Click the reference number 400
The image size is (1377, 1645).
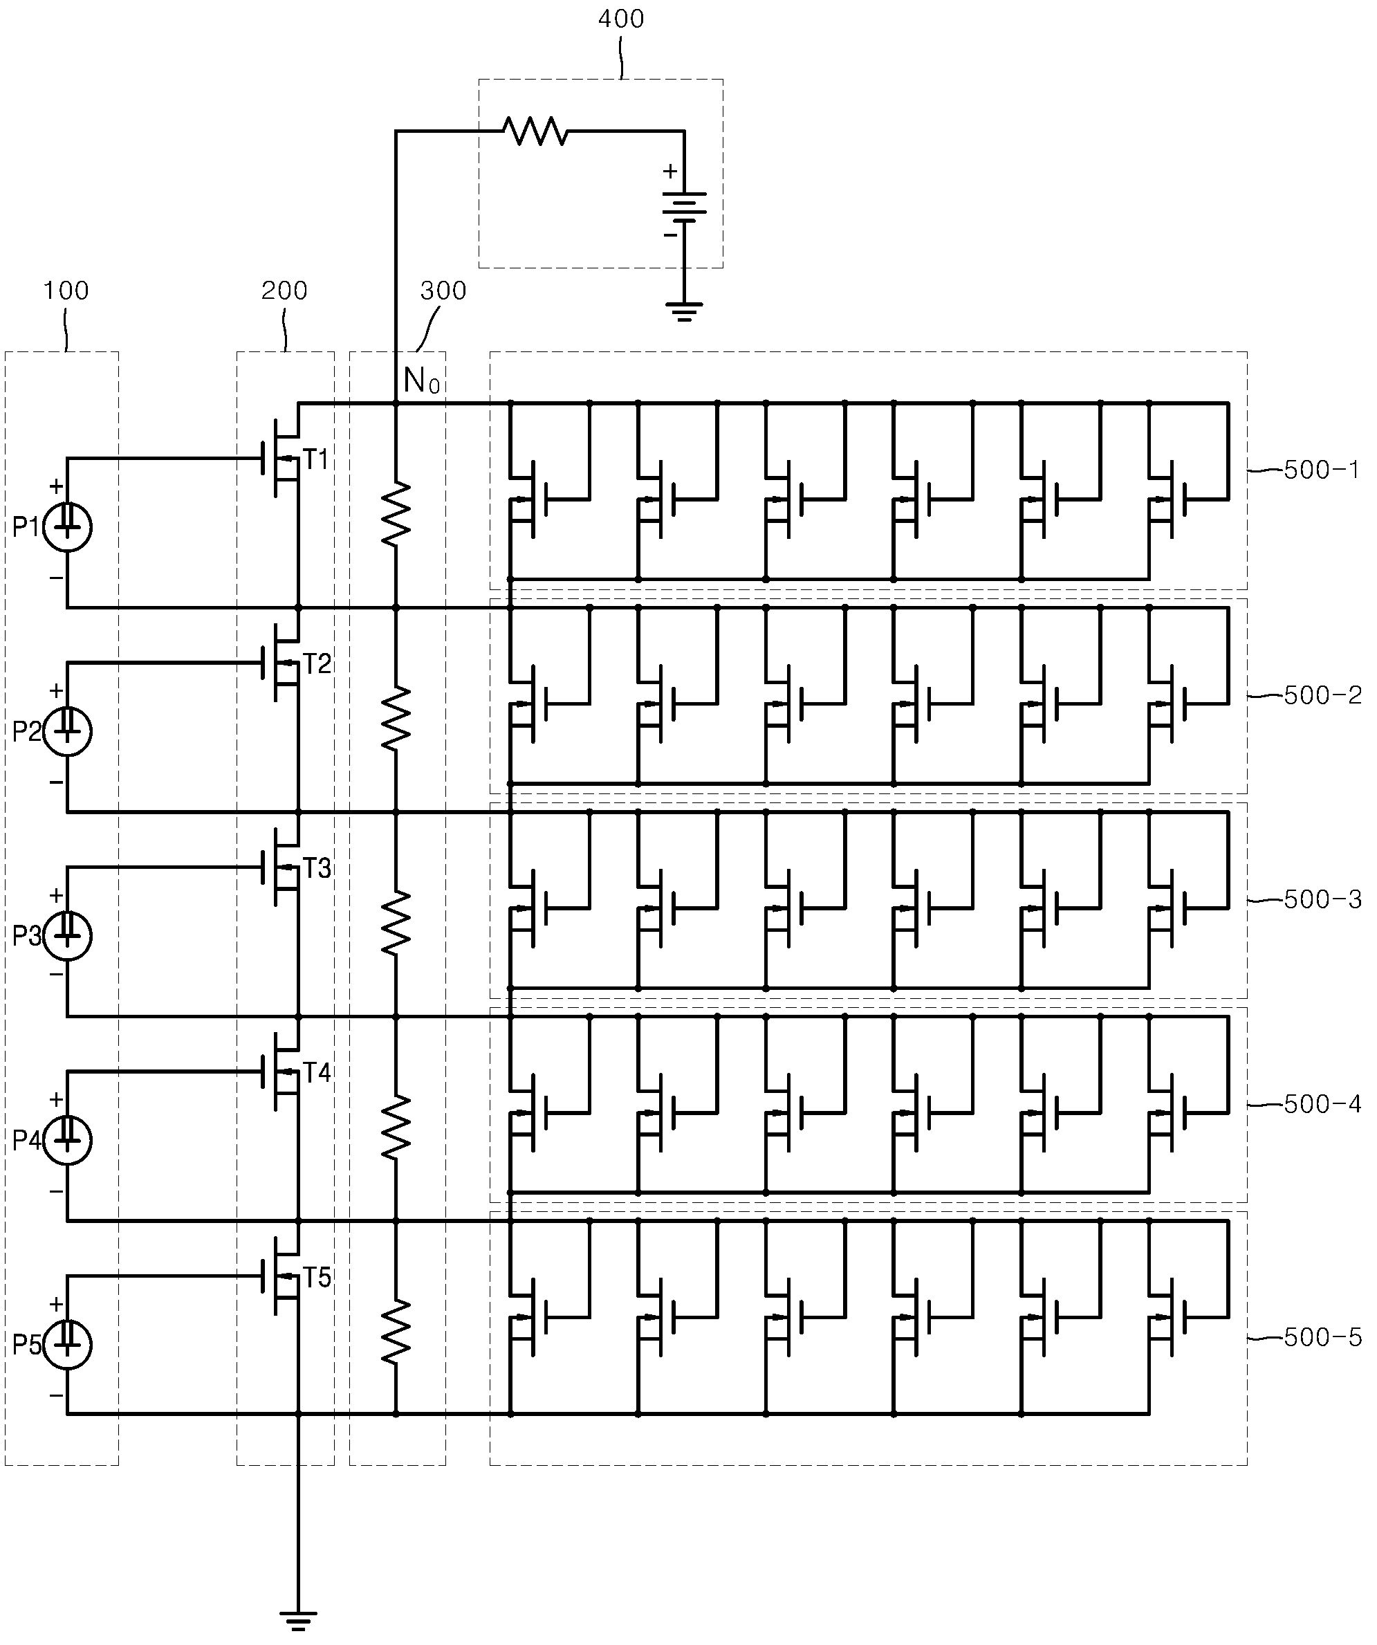[621, 19]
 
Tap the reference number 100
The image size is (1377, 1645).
[66, 291]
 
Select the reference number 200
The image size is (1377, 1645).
[284, 291]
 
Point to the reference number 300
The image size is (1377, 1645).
[443, 291]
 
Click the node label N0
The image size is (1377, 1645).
[421, 381]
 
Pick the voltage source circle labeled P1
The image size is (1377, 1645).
[67, 527]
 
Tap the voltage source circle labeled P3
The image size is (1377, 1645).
[67, 935]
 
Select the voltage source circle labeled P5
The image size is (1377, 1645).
[67, 1344]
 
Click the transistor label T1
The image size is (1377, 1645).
[317, 460]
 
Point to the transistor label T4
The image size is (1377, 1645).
[317, 1072]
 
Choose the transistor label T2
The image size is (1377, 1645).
[317, 664]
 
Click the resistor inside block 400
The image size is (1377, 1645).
[536, 131]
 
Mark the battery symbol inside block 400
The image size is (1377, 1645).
[684, 208]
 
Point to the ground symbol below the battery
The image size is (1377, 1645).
[684, 312]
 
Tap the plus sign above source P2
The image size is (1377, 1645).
[57, 691]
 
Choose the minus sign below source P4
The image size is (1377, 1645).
[57, 1191]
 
